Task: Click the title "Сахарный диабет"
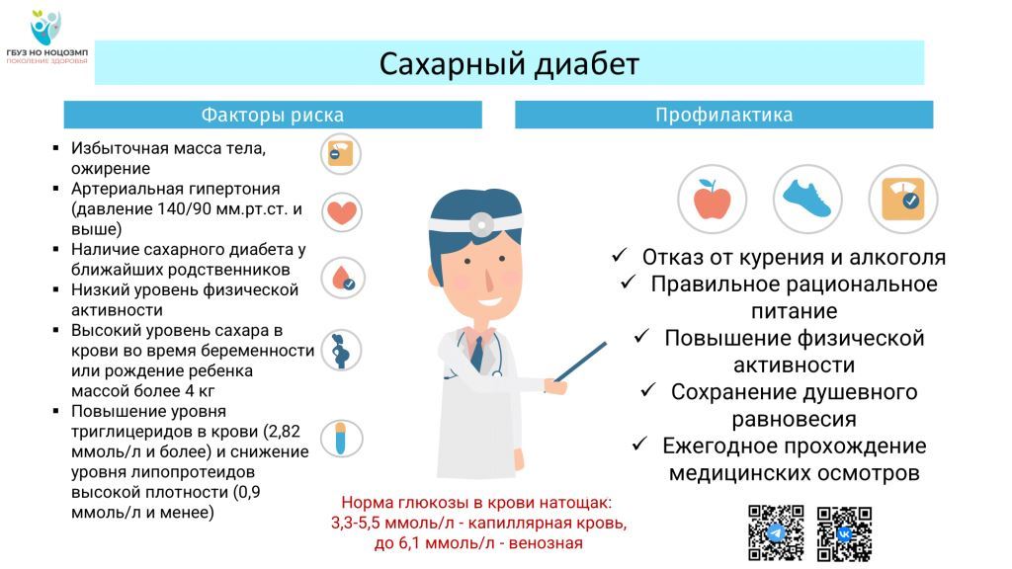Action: (509, 64)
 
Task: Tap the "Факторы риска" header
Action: (273, 115)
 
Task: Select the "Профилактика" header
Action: (723, 115)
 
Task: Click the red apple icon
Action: (712, 199)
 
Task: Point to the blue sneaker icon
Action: (807, 199)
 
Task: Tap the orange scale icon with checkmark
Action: (903, 199)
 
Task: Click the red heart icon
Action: (341, 212)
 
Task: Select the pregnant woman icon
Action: (341, 351)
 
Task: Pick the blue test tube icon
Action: (341, 439)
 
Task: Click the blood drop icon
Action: (343, 278)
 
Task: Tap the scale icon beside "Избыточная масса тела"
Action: (340, 154)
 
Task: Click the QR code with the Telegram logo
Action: (776, 532)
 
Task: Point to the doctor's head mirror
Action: (481, 224)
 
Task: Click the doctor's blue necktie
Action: (477, 353)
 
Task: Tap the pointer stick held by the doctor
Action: (580, 362)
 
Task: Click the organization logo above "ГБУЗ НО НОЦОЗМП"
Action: (45, 27)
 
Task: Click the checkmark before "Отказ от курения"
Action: (620, 256)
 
